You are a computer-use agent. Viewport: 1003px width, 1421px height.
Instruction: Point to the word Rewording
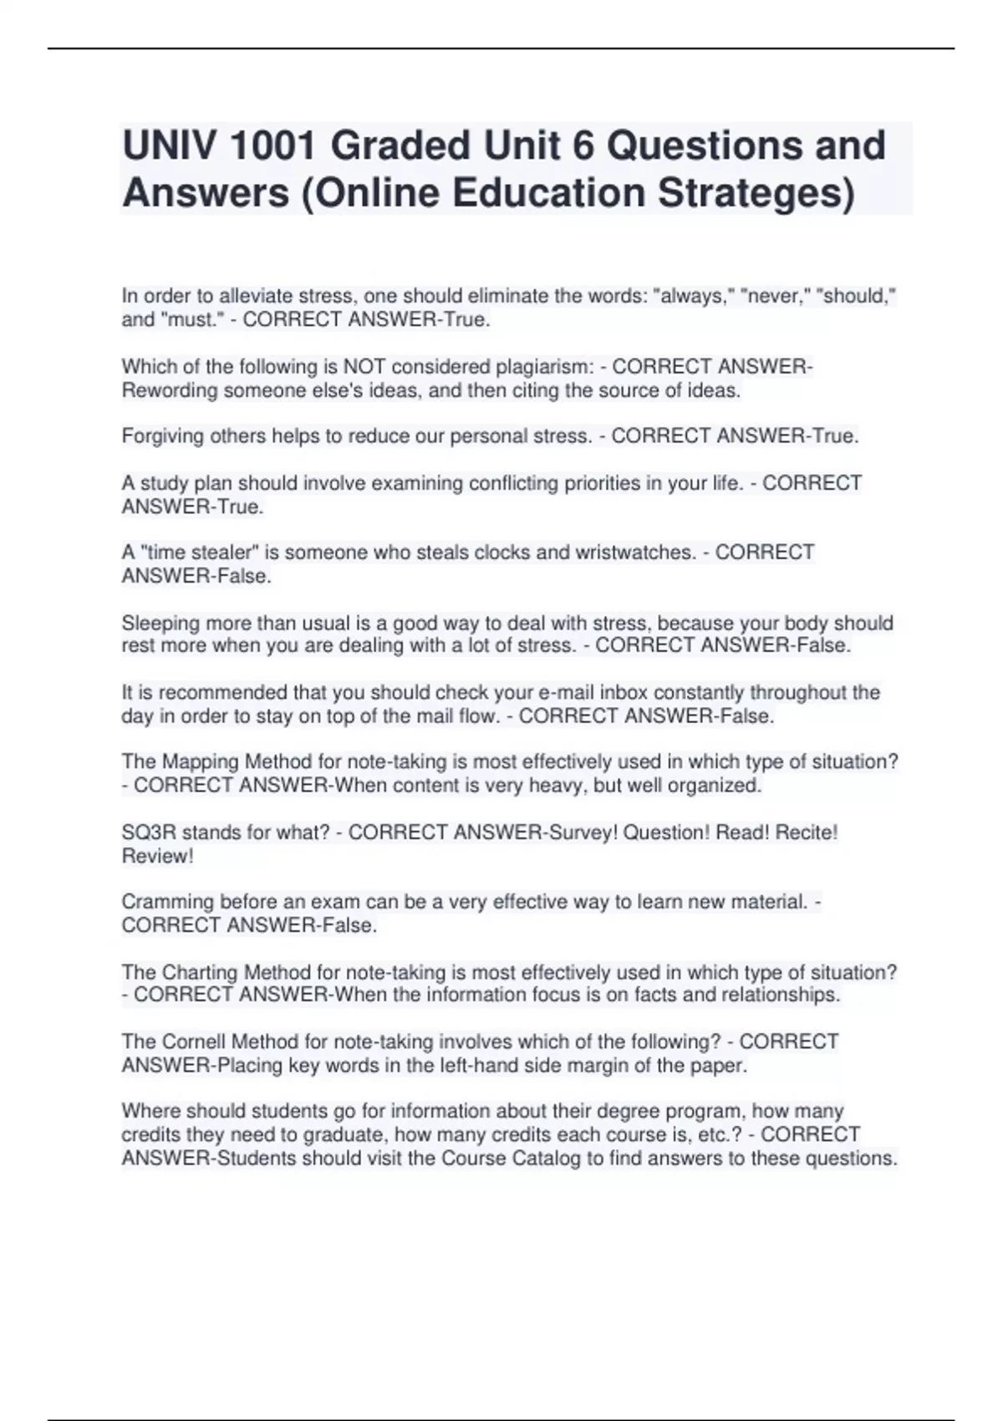click(170, 390)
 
